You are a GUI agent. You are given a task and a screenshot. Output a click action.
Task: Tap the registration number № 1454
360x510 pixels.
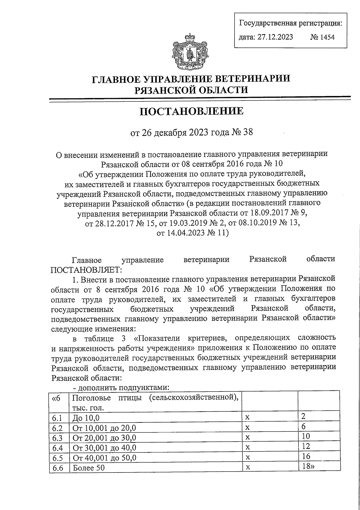(322, 37)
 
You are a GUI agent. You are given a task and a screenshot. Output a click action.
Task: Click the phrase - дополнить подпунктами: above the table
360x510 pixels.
(121, 388)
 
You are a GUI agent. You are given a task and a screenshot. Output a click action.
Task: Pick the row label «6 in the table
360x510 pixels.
(56, 398)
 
